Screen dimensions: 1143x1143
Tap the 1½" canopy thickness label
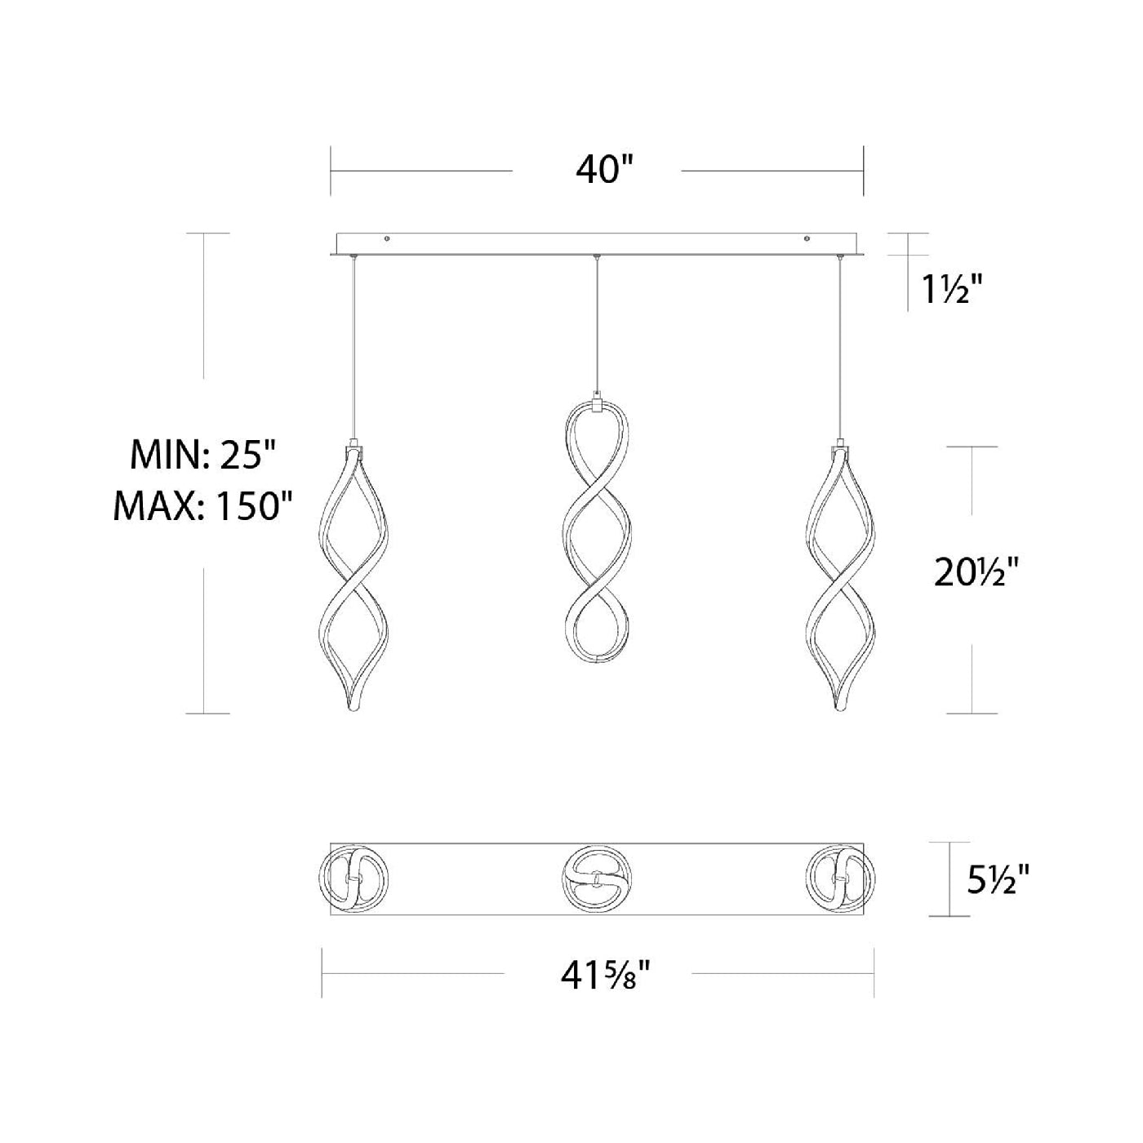click(x=947, y=290)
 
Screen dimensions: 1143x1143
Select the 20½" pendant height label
click(x=976, y=573)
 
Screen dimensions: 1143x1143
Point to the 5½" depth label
click(x=998, y=896)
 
